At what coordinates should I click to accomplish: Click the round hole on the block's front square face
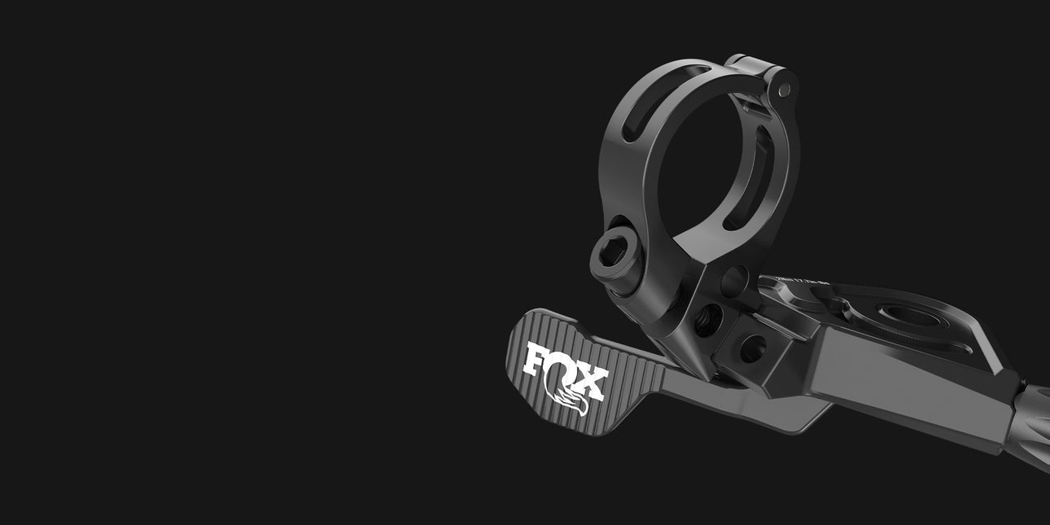pos(751,348)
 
